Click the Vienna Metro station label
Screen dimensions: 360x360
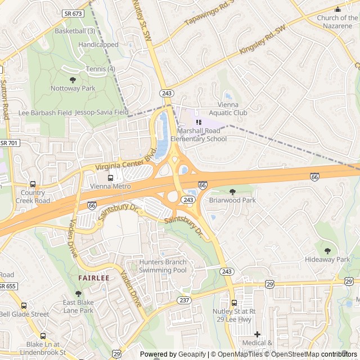[x=110, y=186]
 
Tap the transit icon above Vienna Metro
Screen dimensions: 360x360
[x=110, y=178]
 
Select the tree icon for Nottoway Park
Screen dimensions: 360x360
[x=73, y=80]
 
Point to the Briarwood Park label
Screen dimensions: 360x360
[x=232, y=200]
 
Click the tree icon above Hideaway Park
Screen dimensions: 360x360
[x=327, y=251]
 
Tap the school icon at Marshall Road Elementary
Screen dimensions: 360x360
[x=198, y=122]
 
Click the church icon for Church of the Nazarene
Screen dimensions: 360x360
[x=337, y=10]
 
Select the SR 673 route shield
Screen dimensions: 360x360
[x=73, y=13]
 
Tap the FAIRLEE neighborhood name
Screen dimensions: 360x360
[x=93, y=278]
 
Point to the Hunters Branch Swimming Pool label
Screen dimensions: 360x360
[x=163, y=266]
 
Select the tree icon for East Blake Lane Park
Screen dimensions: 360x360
[x=78, y=294]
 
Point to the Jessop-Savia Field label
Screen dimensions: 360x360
[x=102, y=112]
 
